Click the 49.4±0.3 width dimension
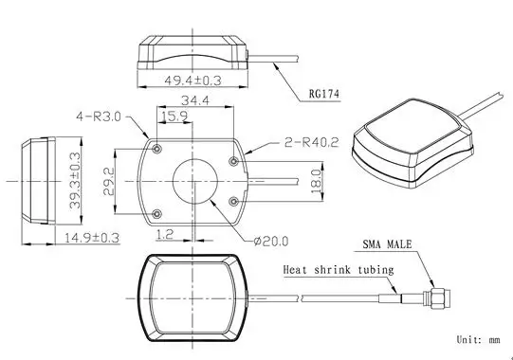192,81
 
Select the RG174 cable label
324,94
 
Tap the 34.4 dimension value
195,100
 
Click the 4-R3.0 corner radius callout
99,117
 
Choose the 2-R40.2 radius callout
311,142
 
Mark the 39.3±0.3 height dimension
75,180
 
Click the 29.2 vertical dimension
109,182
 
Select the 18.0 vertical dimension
317,181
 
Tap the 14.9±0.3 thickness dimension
91,238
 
